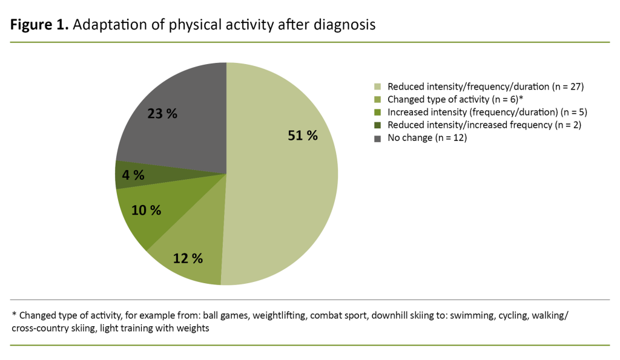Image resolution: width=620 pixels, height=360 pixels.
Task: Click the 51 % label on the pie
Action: coord(302,136)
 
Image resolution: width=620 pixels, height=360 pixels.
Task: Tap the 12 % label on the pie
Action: coord(187,258)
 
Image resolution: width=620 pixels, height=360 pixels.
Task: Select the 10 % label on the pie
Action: coord(146,210)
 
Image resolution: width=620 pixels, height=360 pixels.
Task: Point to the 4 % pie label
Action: coord(133,175)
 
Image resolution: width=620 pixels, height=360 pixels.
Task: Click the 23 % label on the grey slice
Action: coord(162,113)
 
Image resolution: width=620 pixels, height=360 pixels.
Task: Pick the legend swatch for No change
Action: coord(378,138)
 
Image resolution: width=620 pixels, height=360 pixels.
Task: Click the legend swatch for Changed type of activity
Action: coord(378,100)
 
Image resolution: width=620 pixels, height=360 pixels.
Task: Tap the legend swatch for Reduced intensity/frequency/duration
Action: coord(378,87)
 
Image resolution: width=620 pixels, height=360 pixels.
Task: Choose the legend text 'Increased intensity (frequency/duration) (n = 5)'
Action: coord(487,113)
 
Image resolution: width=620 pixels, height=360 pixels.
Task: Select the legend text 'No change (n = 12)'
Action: coord(427,138)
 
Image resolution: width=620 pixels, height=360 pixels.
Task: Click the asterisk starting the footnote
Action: coord(14,314)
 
